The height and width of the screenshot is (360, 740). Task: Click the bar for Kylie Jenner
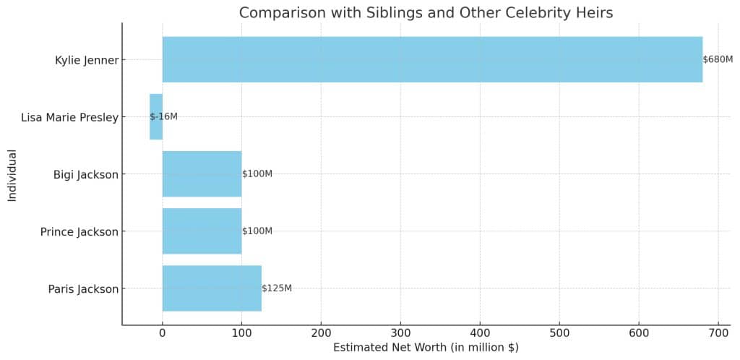tap(432, 59)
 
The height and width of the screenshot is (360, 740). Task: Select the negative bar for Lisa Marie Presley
tap(156, 116)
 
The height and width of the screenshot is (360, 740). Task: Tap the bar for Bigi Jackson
tap(202, 173)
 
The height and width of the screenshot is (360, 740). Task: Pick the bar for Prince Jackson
tap(202, 231)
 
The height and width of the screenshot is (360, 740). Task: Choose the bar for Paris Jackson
tap(212, 288)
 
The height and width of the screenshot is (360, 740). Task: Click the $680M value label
tap(718, 59)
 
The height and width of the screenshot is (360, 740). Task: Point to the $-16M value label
tap(164, 116)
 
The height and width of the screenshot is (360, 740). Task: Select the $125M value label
tap(277, 288)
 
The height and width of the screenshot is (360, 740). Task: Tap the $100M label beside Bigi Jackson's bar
tap(257, 173)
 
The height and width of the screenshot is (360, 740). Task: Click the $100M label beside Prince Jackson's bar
tap(257, 231)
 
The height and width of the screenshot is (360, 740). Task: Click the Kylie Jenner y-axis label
tap(86, 60)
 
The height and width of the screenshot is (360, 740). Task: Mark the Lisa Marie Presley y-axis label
tap(69, 117)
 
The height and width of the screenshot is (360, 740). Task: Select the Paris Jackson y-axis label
tap(83, 289)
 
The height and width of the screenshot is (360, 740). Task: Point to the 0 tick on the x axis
tap(163, 333)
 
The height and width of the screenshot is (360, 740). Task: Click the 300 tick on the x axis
tap(401, 333)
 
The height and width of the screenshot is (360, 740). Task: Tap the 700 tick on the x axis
tap(718, 333)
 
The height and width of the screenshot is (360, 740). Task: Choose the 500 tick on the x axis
tap(559, 333)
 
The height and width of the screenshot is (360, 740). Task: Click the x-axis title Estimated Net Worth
tap(426, 348)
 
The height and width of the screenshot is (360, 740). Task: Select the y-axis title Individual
tap(12, 175)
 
